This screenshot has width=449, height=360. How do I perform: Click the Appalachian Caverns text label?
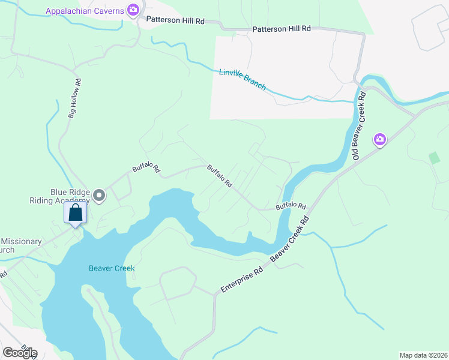(x=83, y=10)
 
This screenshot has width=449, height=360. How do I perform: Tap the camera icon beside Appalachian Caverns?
(x=133, y=10)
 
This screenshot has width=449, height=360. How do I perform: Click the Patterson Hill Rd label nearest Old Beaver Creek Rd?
(x=282, y=29)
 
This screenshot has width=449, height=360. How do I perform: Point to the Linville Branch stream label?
(x=242, y=78)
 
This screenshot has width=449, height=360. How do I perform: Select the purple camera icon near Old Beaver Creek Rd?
(x=379, y=140)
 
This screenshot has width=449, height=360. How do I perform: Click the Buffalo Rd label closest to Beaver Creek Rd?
(x=291, y=206)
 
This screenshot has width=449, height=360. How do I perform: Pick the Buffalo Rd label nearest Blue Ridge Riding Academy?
(x=146, y=169)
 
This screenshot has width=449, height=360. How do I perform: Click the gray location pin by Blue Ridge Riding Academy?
(x=100, y=196)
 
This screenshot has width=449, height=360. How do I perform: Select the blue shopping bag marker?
(x=75, y=214)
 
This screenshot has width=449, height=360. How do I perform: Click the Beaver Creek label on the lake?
(x=111, y=268)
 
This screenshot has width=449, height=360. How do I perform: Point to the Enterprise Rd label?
(x=242, y=280)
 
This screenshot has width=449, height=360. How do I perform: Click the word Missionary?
(x=21, y=242)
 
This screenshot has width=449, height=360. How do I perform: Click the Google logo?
(x=20, y=352)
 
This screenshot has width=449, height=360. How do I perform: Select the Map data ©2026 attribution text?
(x=423, y=355)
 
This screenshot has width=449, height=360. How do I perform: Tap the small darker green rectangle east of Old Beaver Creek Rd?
(x=434, y=158)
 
